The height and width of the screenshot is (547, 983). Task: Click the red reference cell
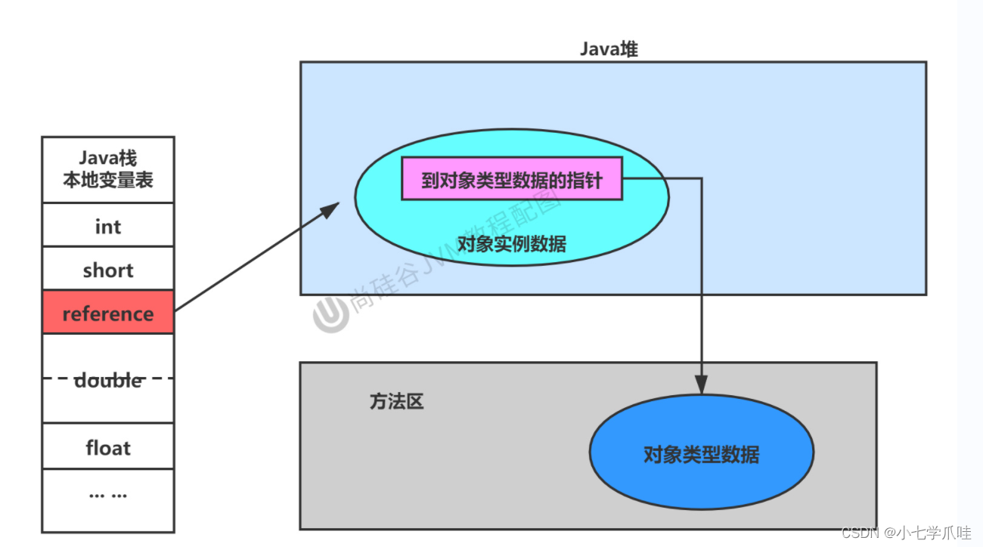108,313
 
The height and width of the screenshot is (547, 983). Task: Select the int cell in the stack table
108,226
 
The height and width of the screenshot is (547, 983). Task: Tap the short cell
108,270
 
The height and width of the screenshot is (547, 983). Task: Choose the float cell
108,447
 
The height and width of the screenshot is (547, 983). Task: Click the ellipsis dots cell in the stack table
108,495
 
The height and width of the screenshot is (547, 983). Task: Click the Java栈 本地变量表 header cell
108,169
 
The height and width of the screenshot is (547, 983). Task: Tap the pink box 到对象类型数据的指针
512,179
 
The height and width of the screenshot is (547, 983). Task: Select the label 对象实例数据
512,244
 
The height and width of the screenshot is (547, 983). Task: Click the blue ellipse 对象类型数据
701,453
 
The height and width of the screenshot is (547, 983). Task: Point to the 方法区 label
396,402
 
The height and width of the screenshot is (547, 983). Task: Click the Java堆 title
609,49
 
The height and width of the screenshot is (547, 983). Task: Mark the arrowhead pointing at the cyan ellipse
330,208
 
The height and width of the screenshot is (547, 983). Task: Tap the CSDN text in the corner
859,533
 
